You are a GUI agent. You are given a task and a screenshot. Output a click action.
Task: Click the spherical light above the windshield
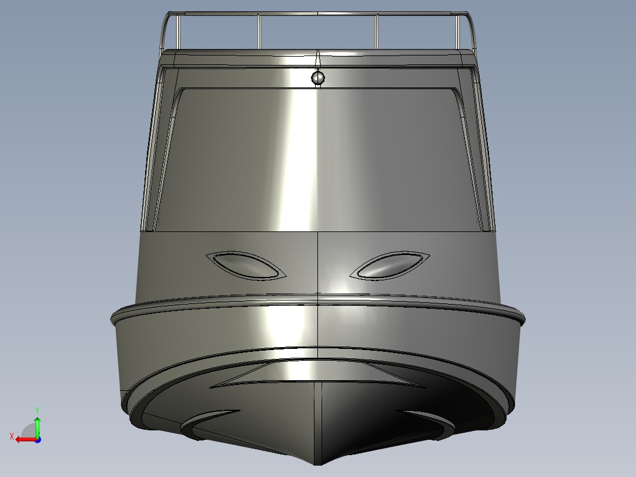(x=318, y=77)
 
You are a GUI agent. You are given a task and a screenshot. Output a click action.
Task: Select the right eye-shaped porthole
(x=390, y=266)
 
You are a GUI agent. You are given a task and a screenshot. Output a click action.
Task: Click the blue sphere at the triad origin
(x=37, y=439)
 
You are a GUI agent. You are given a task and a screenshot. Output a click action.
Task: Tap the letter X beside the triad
(x=11, y=436)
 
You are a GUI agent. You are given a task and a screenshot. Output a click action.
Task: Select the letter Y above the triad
(x=37, y=409)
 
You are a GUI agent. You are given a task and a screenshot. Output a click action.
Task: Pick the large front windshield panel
(x=319, y=159)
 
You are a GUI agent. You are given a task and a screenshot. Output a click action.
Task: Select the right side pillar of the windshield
(x=483, y=148)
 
